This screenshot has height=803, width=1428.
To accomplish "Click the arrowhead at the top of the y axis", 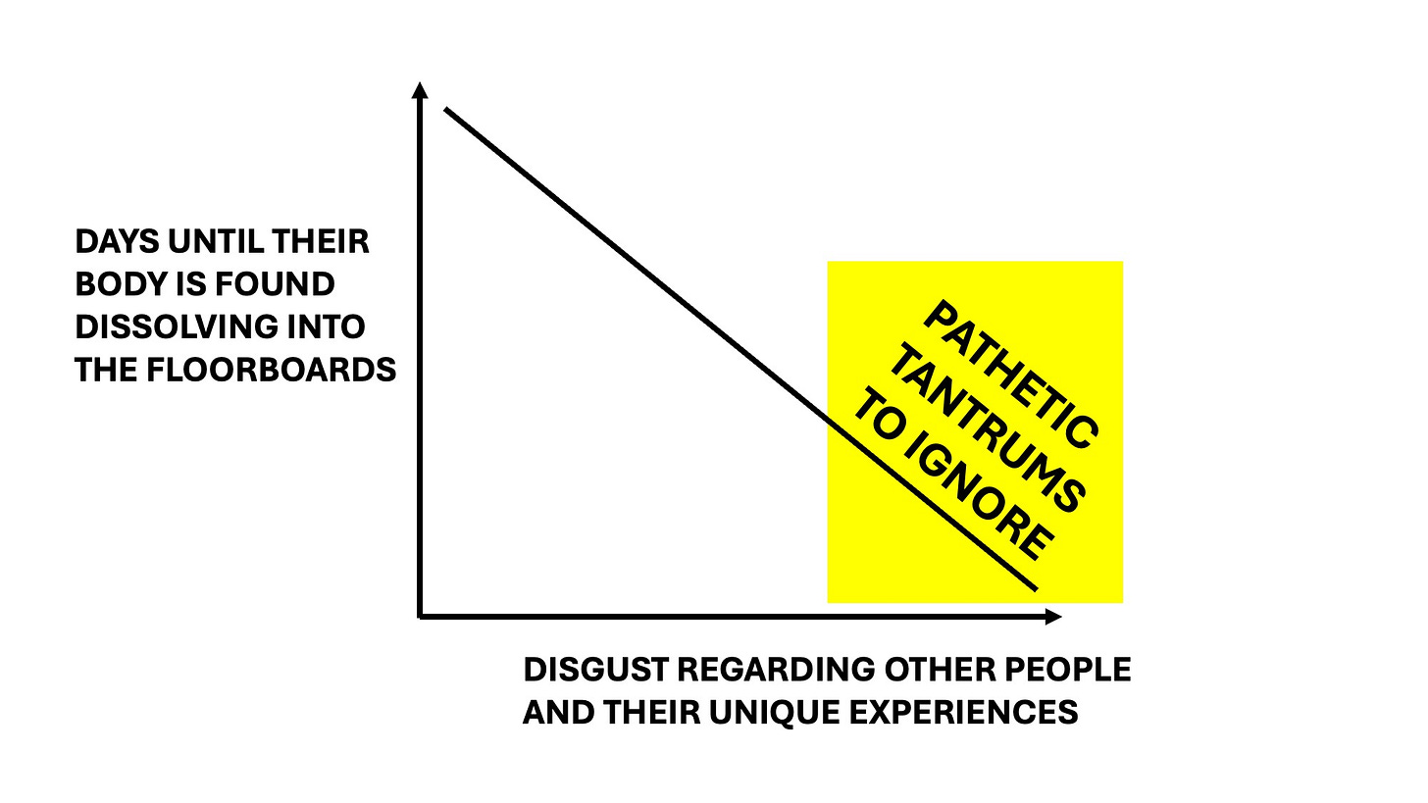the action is pos(420,89).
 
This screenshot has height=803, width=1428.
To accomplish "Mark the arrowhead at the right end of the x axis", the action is pos(1054,617).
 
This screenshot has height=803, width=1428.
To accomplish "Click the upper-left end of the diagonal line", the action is pos(447,109).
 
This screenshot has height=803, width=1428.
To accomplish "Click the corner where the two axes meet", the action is pos(421,616).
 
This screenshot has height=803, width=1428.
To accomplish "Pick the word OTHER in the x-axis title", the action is pos(933,670).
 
